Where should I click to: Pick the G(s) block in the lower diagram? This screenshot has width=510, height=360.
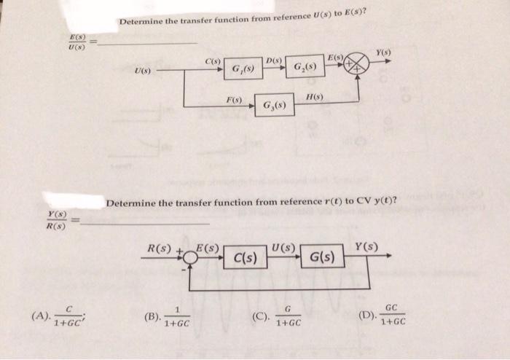coord(321,257)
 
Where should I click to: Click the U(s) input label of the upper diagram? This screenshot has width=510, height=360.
coord(143,71)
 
